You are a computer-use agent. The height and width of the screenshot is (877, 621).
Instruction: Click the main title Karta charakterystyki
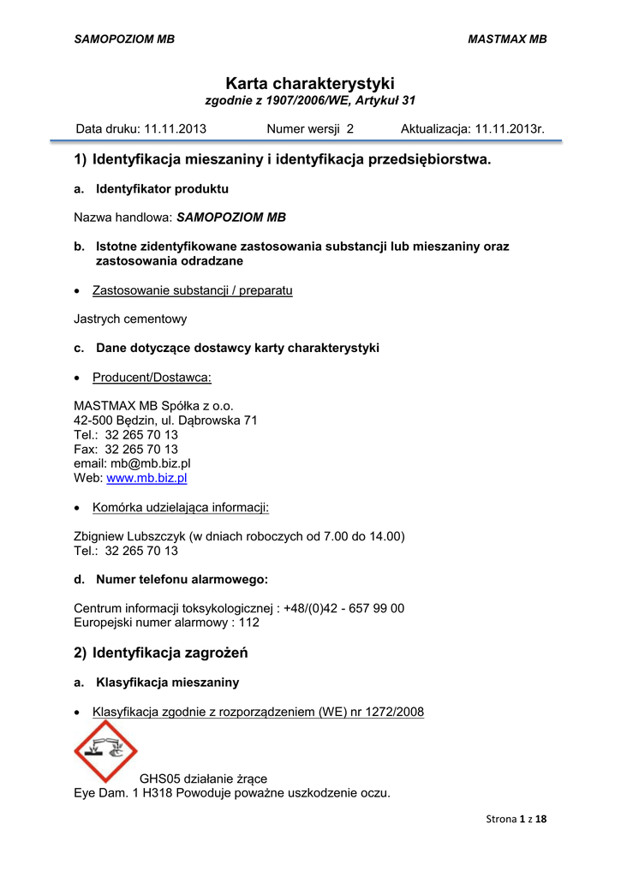pos(310,83)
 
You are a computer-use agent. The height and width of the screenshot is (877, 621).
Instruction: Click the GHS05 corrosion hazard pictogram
pos(105,750)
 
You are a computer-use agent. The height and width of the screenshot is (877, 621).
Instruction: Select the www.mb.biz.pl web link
pos(146,478)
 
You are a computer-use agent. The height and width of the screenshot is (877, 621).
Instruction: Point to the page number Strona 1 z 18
pos(516,819)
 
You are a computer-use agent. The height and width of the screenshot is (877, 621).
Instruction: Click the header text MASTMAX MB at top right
pos(507,39)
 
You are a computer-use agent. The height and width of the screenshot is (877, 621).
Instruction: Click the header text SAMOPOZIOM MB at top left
pos(124,39)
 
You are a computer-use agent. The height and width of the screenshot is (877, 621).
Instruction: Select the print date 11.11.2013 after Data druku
pos(175,129)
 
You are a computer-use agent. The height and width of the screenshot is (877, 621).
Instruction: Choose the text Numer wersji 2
pos(310,129)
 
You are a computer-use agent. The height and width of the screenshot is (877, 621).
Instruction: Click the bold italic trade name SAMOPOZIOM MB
pos(231,218)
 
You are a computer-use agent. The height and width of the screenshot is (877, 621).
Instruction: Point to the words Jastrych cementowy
pos(130,319)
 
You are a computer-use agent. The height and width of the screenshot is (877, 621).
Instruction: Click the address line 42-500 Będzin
pos(165,421)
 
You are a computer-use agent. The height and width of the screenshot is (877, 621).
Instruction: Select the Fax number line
pos(126,449)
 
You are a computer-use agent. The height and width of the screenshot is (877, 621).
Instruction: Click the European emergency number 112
pos(249,623)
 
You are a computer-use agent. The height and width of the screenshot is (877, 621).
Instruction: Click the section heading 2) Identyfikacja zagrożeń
pos(161,653)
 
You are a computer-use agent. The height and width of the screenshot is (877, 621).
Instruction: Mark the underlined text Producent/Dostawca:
pos(152,377)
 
